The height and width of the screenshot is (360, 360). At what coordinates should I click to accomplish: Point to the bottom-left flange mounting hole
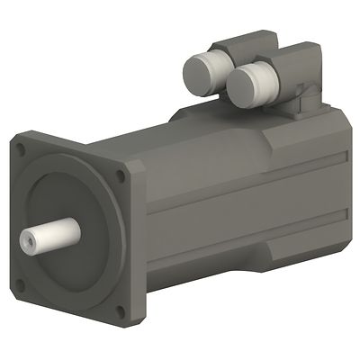(x=21, y=285)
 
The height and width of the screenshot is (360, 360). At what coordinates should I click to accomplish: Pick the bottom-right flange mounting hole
(x=119, y=311)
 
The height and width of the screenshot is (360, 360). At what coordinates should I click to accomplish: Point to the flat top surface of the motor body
(x=207, y=130)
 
